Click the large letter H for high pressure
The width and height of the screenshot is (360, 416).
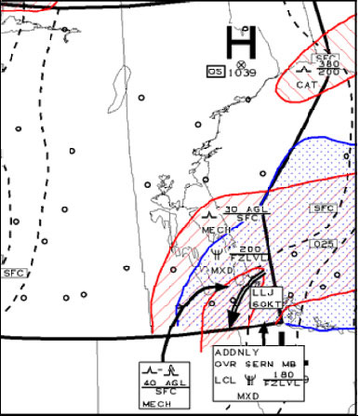pyautogui.click(x=241, y=41)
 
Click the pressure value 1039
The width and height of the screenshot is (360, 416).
pyautogui.click(x=243, y=72)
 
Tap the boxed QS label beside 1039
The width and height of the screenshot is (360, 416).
pyautogui.click(x=215, y=71)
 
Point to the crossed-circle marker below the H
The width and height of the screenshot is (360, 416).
pyautogui.click(x=242, y=62)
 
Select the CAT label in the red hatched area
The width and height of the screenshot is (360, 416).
pyautogui.click(x=307, y=85)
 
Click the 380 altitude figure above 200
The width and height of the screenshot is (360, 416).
pyautogui.click(x=328, y=63)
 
